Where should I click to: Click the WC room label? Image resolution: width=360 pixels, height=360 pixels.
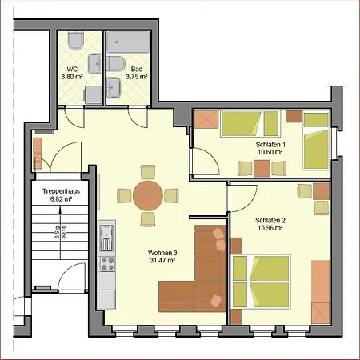(72, 70)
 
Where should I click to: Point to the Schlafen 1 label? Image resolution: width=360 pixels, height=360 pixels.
(270, 144)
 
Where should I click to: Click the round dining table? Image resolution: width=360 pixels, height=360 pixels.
(149, 194)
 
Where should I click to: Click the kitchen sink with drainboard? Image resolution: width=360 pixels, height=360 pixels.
(106, 238)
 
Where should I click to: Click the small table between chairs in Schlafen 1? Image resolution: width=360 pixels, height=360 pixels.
(262, 167)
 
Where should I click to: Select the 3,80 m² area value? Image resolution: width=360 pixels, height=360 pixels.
(72, 78)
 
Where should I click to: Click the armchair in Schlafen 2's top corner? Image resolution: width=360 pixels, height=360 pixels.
(305, 191)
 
